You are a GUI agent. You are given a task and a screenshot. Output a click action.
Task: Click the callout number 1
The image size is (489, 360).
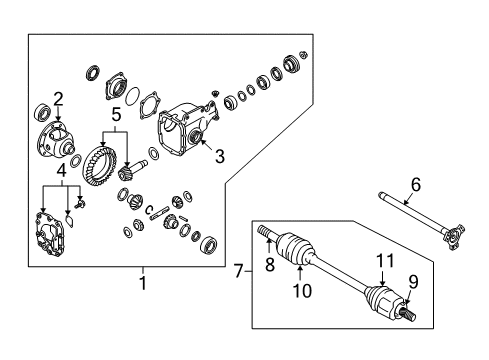tap(143, 283)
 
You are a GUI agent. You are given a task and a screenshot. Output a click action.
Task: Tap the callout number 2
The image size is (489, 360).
tap(58, 99)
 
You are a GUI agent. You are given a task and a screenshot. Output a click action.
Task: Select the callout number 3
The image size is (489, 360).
tap(220, 156)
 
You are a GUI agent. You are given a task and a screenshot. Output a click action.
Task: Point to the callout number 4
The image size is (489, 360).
tap(61, 171)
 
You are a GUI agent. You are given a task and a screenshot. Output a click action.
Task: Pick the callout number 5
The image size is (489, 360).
tap(116, 115)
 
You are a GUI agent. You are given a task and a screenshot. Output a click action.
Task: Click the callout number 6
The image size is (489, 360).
tap(416, 184)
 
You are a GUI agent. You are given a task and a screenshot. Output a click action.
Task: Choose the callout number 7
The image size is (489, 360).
tap(238, 271)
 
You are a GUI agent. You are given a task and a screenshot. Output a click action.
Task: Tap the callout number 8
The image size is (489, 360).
tap(270, 265)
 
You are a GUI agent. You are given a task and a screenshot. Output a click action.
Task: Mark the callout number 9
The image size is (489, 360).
tap(413, 282)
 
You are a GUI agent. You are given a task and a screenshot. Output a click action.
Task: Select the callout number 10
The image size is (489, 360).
tap(302, 290)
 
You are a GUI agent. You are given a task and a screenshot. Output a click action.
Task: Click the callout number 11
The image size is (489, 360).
tap(385, 260)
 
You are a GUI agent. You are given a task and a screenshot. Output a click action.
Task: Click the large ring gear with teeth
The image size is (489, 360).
tap(100, 164)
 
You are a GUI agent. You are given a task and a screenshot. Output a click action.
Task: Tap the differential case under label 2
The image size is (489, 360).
tap(55, 140)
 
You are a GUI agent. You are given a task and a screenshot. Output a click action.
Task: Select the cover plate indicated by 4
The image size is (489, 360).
tap(50, 233)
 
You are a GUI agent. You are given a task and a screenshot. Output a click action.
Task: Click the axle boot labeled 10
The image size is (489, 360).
tap(296, 250)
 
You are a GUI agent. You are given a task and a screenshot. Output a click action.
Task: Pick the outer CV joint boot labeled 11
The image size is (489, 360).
tap(381, 300)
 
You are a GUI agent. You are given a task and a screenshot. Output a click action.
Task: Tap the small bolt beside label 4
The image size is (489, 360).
tap(80, 203)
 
